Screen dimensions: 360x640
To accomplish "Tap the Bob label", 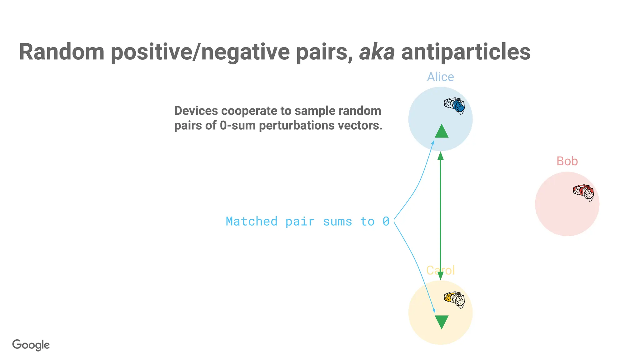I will pyautogui.click(x=567, y=161).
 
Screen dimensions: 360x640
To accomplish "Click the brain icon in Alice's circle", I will pyautogui.click(x=454, y=106).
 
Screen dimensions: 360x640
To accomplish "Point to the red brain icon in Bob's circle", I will pyautogui.click(x=583, y=192).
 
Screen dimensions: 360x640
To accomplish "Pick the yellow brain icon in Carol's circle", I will pyautogui.click(x=454, y=300).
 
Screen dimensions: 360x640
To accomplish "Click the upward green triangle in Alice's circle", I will pyautogui.click(x=442, y=132).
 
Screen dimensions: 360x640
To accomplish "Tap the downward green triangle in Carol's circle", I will pyautogui.click(x=442, y=322).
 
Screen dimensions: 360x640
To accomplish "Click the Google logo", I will pyautogui.click(x=31, y=345).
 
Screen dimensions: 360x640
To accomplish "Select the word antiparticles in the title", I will pyautogui.click(x=466, y=52).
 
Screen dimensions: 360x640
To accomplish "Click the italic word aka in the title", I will pyautogui.click(x=377, y=52).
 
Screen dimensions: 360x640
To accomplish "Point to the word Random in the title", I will pyautogui.click(x=62, y=52).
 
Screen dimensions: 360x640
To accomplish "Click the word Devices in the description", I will pyautogui.click(x=196, y=111).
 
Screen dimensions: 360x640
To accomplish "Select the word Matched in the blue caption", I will pyautogui.click(x=251, y=222).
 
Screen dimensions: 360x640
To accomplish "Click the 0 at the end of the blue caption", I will pyautogui.click(x=386, y=222).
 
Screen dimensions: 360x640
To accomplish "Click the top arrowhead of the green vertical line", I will pyautogui.click(x=440, y=155).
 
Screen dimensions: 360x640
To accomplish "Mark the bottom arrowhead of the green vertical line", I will pyautogui.click(x=440, y=276).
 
